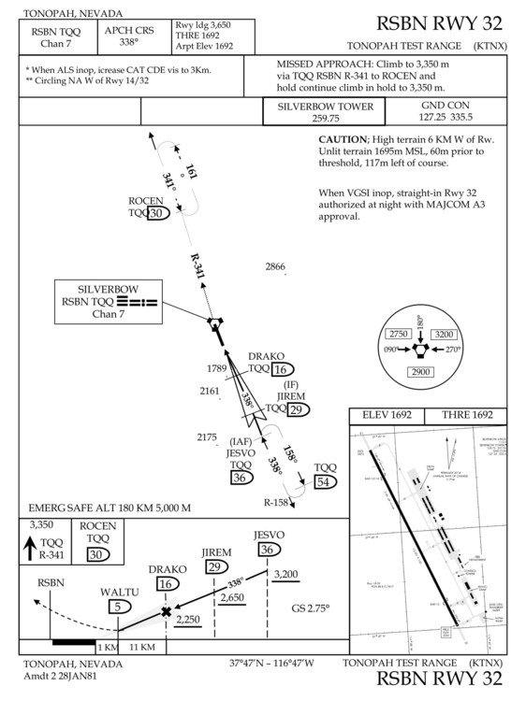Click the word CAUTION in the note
pyautogui.click(x=347, y=138)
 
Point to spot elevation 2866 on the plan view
pyautogui.click(x=274, y=267)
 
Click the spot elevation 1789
pyautogui.click(x=217, y=368)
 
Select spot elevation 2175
pyautogui.click(x=207, y=436)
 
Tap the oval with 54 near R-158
pyautogui.click(x=325, y=481)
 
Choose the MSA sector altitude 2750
pyautogui.click(x=400, y=335)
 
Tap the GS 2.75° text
pyautogui.click(x=313, y=607)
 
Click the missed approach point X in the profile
pyautogui.click(x=167, y=612)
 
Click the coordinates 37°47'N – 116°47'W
pyautogui.click(x=271, y=664)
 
